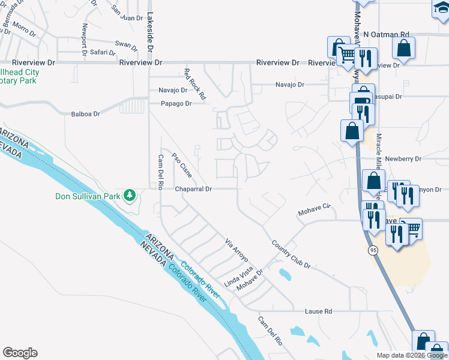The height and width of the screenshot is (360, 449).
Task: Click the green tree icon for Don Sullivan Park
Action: coord(129,195)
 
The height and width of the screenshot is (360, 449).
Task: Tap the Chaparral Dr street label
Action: coord(194,189)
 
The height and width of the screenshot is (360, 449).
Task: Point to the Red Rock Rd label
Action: coord(195,83)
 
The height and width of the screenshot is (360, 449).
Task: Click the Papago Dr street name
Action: coord(175,103)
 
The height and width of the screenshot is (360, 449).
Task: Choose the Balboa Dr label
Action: coord(85,113)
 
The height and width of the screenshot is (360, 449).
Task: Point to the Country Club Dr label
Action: coord(291,254)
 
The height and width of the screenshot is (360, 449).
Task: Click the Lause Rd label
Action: coord(318,311)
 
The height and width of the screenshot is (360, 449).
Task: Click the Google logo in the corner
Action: coord(20,353)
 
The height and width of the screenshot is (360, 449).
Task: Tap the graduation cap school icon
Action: coord(441,8)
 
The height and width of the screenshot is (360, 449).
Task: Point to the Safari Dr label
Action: coord(103,52)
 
